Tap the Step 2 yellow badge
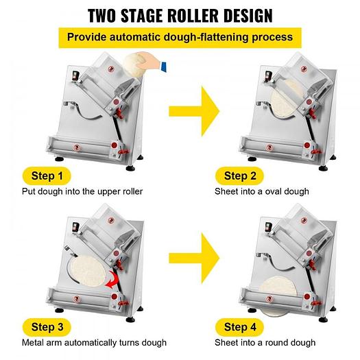(235, 176)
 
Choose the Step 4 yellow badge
(235, 326)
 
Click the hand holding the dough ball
(153, 65)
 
